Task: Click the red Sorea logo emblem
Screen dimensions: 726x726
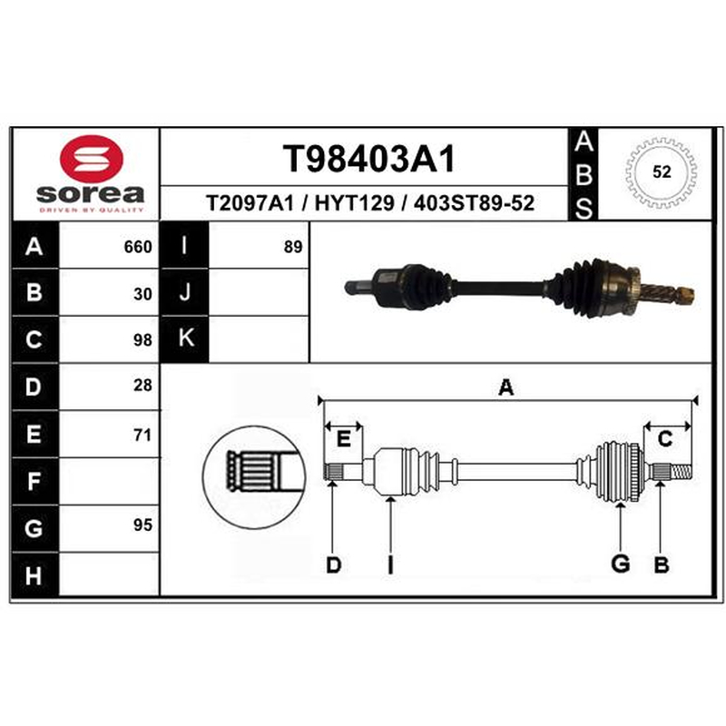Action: [x=92, y=158]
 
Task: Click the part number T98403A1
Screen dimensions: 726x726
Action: [x=369, y=158]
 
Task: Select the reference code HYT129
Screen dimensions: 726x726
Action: [x=354, y=202]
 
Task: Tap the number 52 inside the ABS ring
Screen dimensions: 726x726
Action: [x=662, y=172]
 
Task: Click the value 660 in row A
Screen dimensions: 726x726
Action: [x=138, y=247]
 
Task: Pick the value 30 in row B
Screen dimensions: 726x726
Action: [x=142, y=294]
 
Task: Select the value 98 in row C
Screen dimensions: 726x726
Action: [x=142, y=340]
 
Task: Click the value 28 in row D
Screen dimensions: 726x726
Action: [x=142, y=385]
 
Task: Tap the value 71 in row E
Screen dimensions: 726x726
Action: [x=142, y=436]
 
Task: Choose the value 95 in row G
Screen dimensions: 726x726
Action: [x=142, y=525]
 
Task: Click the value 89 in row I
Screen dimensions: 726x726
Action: [x=293, y=247]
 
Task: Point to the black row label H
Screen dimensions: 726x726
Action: [x=34, y=575]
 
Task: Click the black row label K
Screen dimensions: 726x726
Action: [x=184, y=338]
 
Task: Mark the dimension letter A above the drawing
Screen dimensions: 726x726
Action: [x=506, y=388]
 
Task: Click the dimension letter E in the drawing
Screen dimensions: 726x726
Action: [x=343, y=438]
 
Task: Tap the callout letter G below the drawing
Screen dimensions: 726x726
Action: [x=621, y=564]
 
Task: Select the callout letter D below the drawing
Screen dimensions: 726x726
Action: [x=333, y=564]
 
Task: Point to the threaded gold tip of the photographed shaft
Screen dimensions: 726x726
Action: [x=684, y=295]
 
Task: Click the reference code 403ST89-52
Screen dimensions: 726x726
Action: [x=474, y=202]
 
